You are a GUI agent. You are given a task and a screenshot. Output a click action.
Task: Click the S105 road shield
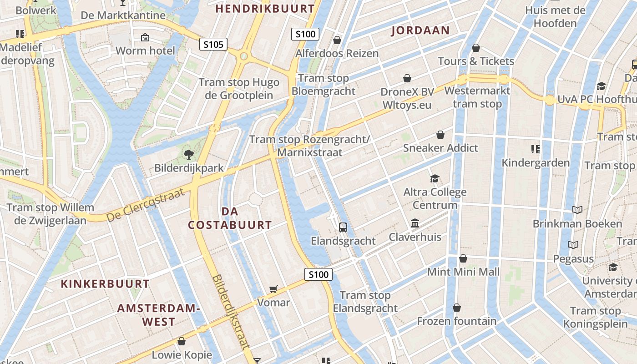[x=213, y=44]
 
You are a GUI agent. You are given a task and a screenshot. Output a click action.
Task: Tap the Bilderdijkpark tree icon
[x=188, y=155]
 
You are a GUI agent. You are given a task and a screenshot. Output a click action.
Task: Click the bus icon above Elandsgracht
[x=343, y=227]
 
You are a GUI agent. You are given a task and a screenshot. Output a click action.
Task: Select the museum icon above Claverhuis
[x=415, y=223]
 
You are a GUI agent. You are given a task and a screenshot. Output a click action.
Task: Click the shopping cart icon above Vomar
[x=273, y=289]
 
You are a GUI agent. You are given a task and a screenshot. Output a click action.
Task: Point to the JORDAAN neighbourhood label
[x=420, y=30]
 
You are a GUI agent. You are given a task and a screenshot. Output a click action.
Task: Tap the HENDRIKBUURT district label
[x=265, y=9]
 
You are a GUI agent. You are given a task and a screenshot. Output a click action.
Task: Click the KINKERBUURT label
[x=105, y=284]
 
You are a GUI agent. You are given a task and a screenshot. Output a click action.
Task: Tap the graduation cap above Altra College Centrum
[x=435, y=178]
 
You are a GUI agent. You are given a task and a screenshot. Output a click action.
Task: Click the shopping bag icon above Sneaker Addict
[x=440, y=135]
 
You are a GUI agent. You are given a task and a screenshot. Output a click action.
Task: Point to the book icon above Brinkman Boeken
[x=577, y=210]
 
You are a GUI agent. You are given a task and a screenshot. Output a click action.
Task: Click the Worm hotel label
[x=145, y=51]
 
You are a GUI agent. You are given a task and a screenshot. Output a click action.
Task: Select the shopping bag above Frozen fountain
[x=456, y=308]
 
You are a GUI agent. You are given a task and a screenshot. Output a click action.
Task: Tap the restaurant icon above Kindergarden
[x=535, y=149]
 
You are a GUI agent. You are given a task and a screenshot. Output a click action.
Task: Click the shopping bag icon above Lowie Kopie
[x=182, y=341]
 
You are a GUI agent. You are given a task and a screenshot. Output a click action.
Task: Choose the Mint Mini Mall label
[x=463, y=272]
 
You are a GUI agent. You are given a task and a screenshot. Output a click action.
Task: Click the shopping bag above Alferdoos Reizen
[x=337, y=40]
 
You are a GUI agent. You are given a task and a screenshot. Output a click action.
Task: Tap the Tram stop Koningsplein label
[x=596, y=318]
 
